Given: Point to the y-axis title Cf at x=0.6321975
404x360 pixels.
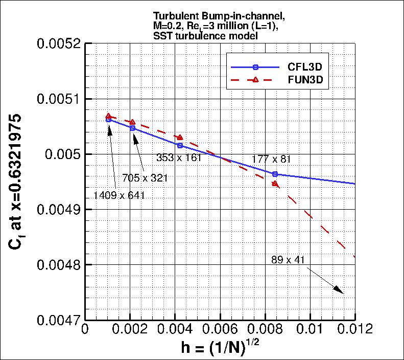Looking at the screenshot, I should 15,182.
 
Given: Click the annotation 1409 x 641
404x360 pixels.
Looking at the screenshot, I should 116,195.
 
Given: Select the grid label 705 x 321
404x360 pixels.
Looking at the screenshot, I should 145,178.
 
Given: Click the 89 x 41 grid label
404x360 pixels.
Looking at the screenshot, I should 288,260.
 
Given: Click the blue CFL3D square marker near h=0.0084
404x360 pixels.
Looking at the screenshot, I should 275,174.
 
